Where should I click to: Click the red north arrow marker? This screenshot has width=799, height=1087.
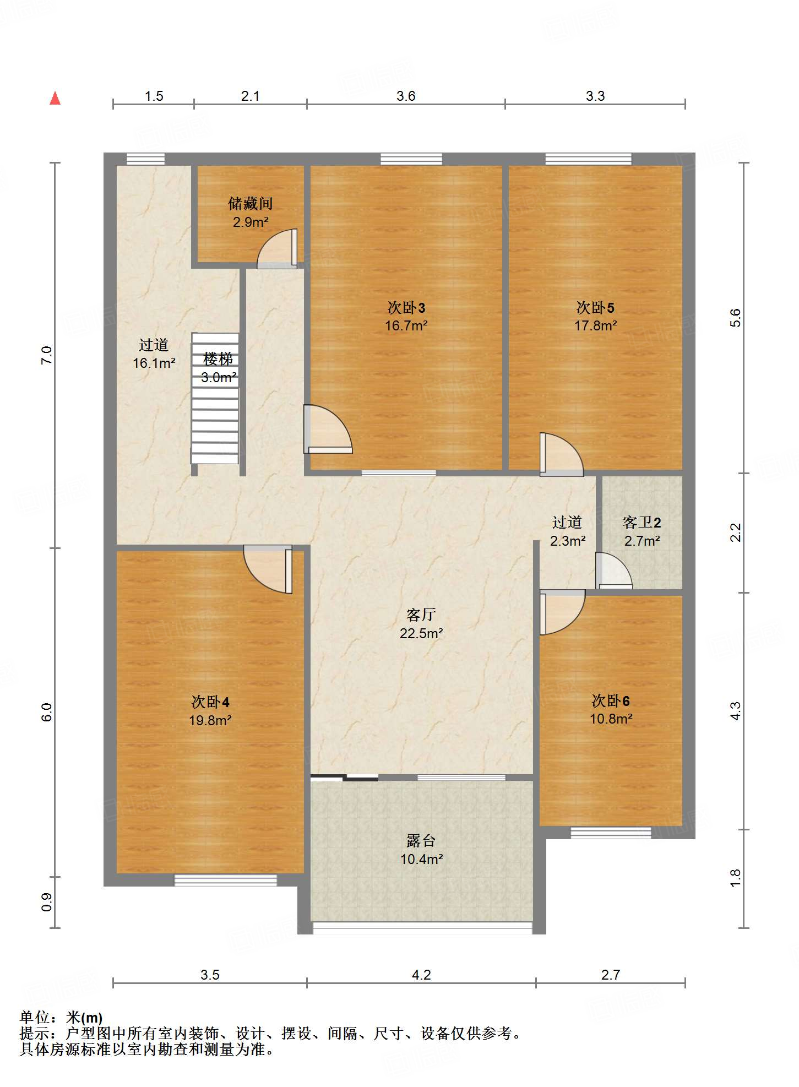[55, 99]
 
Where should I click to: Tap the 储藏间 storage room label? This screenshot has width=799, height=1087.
[251, 204]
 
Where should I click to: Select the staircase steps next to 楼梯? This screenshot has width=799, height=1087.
[215, 398]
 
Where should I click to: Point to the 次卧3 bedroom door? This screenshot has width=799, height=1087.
[328, 429]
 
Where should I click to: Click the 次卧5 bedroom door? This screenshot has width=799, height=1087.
[561, 455]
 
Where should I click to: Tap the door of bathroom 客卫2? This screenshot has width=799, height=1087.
[614, 570]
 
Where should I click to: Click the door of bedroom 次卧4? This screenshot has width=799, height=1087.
[268, 569]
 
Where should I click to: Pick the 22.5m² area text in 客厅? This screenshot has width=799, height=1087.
[421, 633]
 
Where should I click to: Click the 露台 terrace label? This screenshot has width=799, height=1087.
[421, 841]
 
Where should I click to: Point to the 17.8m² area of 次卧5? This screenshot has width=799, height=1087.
[595, 325]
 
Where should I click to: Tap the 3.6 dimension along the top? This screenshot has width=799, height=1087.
[406, 96]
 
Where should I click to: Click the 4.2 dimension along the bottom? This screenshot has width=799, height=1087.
[421, 975]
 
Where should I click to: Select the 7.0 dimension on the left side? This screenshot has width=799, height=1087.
[47, 355]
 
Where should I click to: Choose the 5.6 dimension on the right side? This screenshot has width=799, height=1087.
[736, 318]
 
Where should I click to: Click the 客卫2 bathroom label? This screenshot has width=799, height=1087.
[642, 522]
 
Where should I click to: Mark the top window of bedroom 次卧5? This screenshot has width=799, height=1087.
[589, 159]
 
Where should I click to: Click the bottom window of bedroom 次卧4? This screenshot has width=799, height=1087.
[226, 880]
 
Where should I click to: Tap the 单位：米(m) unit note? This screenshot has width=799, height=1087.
[61, 1018]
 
